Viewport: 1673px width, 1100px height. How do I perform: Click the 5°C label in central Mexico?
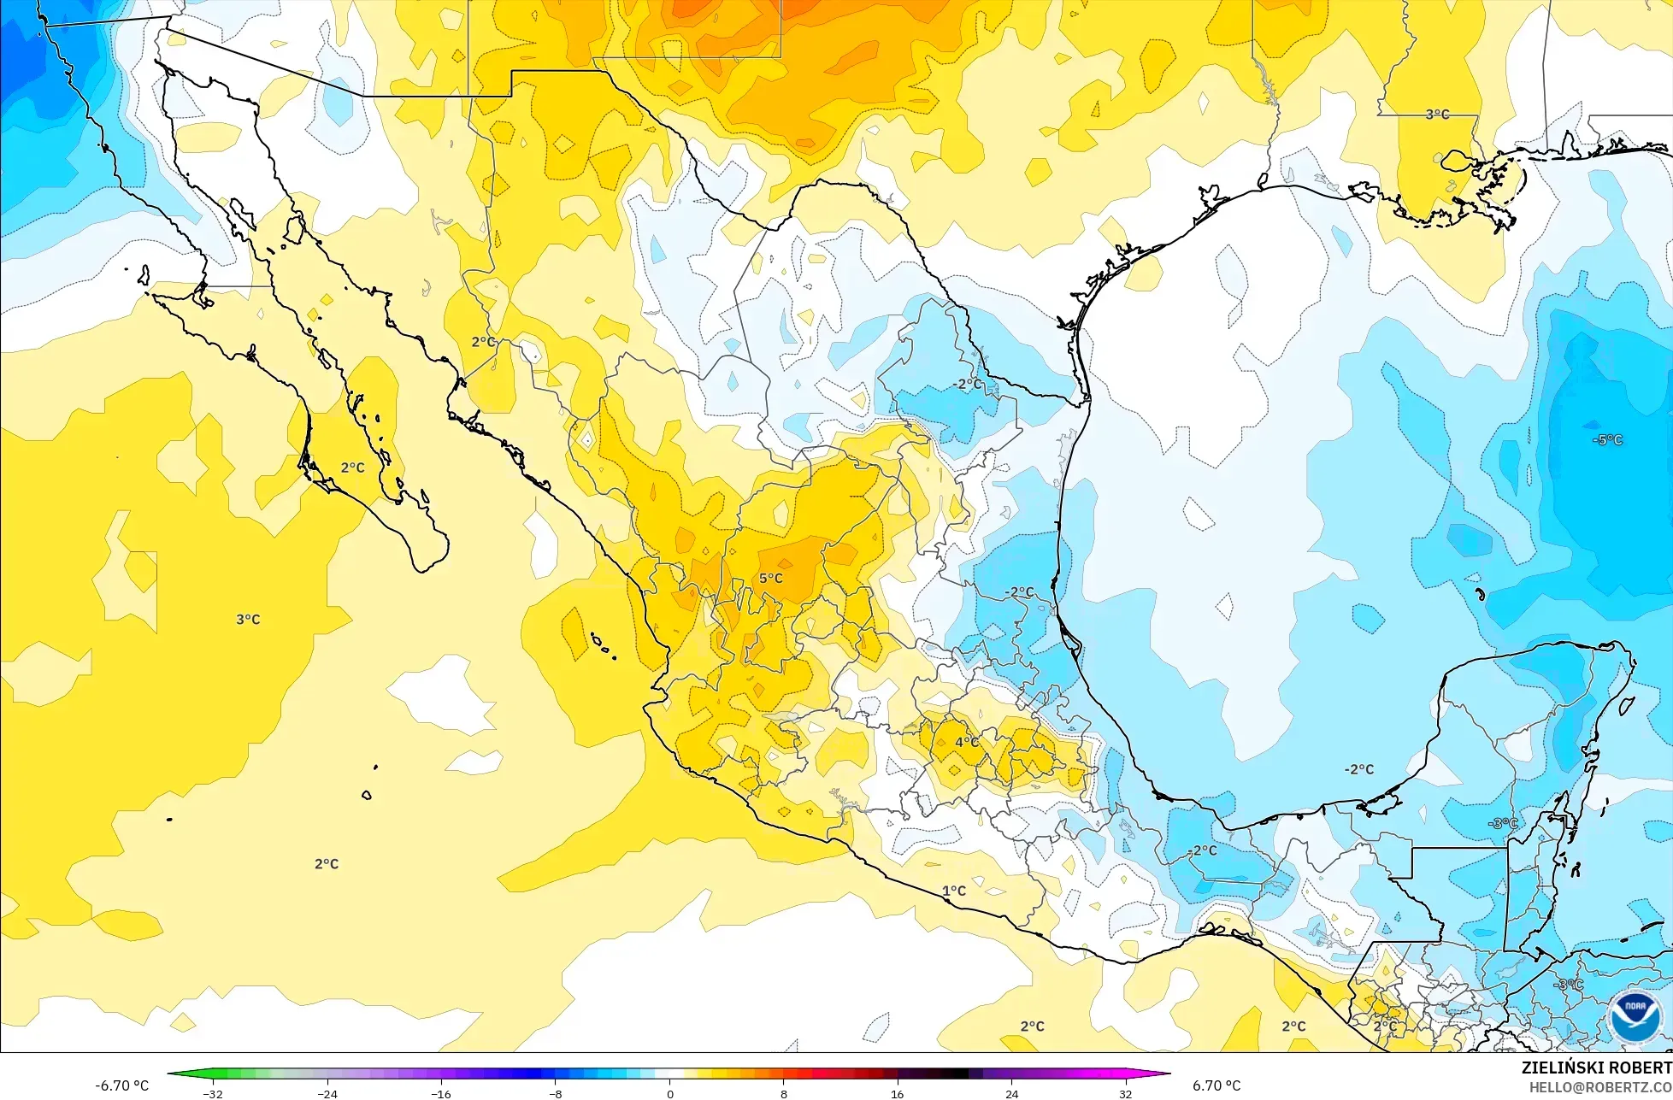770,579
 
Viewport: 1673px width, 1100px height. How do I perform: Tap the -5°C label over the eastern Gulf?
1607,440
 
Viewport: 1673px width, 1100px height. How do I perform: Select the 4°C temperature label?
967,742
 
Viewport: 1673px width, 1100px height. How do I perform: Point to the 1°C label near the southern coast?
954,891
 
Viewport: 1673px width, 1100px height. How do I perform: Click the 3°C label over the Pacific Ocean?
248,620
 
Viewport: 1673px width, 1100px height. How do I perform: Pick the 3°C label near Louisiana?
1437,115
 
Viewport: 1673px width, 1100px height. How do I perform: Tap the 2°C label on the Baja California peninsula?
352,468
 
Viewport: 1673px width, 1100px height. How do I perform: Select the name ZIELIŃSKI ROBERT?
1596,1068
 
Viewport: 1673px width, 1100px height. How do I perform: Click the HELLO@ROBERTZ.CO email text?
1600,1086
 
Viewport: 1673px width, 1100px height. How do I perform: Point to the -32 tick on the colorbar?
213,1093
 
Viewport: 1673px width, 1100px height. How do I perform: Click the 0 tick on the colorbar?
669,1093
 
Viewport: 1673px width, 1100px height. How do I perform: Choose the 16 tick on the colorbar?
898,1093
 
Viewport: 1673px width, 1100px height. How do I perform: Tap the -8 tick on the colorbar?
556,1093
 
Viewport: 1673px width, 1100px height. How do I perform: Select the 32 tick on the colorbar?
1126,1093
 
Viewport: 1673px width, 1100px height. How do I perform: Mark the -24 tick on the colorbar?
327,1093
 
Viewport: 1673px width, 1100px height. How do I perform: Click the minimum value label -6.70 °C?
122,1085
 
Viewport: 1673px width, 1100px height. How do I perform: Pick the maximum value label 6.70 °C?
1216,1085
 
